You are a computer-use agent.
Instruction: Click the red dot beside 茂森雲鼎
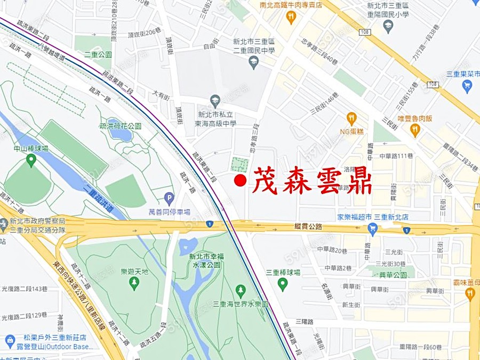coord(240,181)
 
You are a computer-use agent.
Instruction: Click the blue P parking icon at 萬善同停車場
coord(169,198)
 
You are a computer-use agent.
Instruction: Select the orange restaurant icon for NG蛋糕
coord(351,118)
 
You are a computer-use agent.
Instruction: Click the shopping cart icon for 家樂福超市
coord(373,229)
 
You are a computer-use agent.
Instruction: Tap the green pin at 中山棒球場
coord(31,159)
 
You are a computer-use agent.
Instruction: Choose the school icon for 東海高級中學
coord(215,100)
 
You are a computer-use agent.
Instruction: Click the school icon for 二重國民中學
coord(254,63)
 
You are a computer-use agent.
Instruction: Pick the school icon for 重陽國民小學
coord(388,26)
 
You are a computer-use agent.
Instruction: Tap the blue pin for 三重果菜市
coord(467,86)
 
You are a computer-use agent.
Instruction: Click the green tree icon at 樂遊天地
coord(134,283)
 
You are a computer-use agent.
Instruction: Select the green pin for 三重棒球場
coord(283,283)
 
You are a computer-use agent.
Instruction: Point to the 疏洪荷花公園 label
coord(121,126)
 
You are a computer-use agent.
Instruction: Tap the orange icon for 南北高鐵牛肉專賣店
coord(291,17)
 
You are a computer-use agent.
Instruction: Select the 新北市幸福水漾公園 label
coord(206,260)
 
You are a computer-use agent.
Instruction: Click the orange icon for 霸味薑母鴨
coord(470,293)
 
